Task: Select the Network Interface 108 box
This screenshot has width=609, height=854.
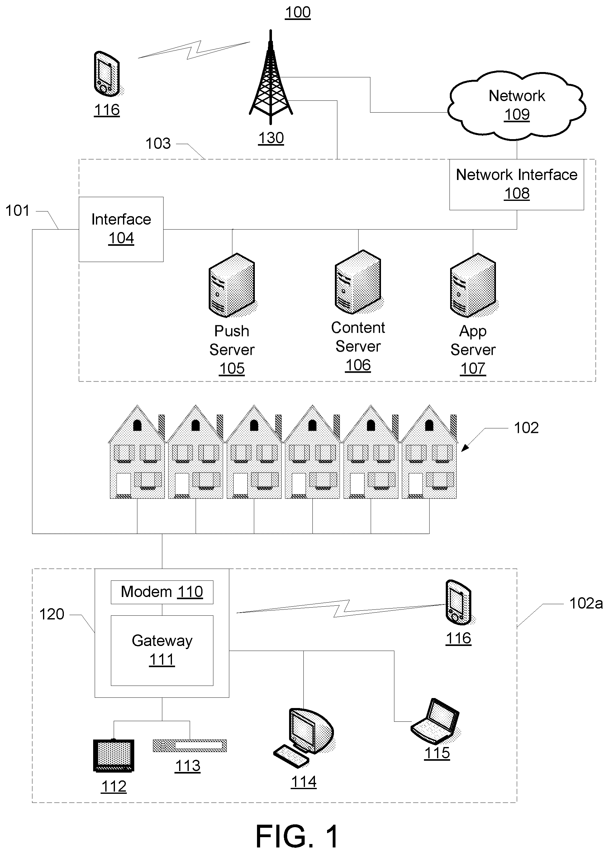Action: click(516, 184)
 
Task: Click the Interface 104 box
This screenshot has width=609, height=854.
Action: click(121, 229)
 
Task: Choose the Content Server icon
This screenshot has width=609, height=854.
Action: click(358, 282)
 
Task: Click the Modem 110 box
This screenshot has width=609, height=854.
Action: click(162, 592)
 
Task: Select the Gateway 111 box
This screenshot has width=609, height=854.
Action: click(162, 651)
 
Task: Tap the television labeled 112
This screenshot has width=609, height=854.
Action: click(113, 755)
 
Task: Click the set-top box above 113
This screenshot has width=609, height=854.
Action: click(190, 745)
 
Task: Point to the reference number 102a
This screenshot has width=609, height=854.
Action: click(586, 603)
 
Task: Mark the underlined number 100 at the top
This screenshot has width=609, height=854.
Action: click(298, 12)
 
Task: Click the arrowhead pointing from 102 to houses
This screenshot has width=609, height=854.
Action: click(465, 447)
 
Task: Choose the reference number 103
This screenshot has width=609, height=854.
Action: click(158, 143)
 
